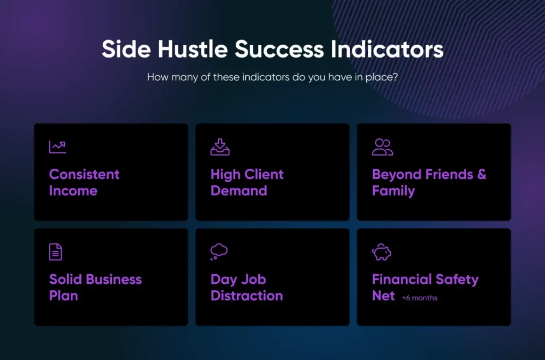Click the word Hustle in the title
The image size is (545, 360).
pyautogui.click(x=193, y=48)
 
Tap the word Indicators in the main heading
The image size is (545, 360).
pyautogui.click(x=387, y=48)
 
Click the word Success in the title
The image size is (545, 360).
pyautogui.click(x=279, y=49)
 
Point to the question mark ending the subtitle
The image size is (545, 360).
pyautogui.click(x=395, y=77)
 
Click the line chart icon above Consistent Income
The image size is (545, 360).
pyautogui.click(x=57, y=147)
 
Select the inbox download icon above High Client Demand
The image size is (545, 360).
pyautogui.click(x=220, y=147)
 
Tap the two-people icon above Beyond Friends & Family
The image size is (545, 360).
pyautogui.click(x=382, y=147)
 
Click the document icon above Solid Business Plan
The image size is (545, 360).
pyautogui.click(x=55, y=252)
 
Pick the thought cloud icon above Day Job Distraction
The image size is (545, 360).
pyautogui.click(x=219, y=252)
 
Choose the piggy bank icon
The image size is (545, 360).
pyautogui.click(x=382, y=252)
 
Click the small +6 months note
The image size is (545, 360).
pyautogui.click(x=419, y=298)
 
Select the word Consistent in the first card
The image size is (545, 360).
pyautogui.click(x=84, y=174)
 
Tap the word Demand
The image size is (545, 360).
pyautogui.click(x=239, y=191)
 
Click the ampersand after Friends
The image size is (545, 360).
pyautogui.click(x=482, y=174)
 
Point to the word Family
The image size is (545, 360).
pyautogui.click(x=393, y=191)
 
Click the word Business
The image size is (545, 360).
pyautogui.click(x=113, y=279)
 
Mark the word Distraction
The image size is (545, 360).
pyautogui.click(x=247, y=296)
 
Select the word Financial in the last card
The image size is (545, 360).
pyautogui.click(x=402, y=279)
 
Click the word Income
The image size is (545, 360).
pyautogui.click(x=73, y=191)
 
